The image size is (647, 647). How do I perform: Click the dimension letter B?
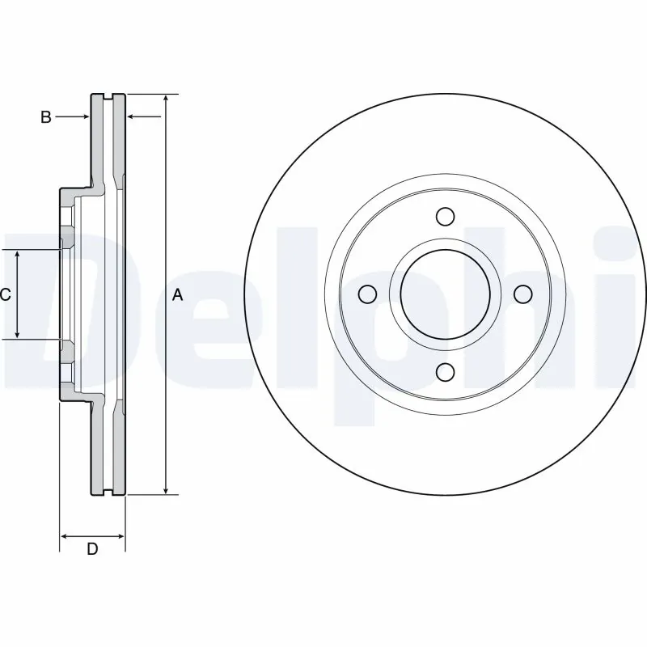click(x=46, y=117)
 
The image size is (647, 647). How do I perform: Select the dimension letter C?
click(x=5, y=295)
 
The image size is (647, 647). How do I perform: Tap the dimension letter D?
click(x=92, y=550)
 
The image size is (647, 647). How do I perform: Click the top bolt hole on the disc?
click(x=444, y=217)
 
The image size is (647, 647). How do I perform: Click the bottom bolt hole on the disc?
click(x=444, y=371)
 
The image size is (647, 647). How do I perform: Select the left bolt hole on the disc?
click(x=366, y=294)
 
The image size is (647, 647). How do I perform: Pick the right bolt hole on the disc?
click(x=522, y=294)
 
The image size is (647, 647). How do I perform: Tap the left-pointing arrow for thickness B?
click(x=133, y=117)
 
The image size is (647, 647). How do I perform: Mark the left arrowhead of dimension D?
click(x=65, y=535)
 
